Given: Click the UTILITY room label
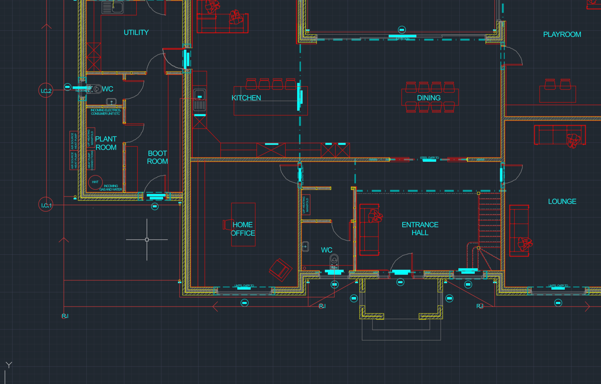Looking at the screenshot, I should click(136, 33).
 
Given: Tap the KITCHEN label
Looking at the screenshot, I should click(246, 98).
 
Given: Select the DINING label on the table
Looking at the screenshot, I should click(428, 98).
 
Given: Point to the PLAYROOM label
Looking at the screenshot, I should click(562, 35).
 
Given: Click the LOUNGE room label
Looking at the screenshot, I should click(562, 201).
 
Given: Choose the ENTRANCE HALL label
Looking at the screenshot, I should click(420, 229).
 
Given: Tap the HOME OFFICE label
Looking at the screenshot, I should click(243, 229).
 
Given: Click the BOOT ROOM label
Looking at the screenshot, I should click(157, 157).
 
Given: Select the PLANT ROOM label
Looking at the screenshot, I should click(106, 143).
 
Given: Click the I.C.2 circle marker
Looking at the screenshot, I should click(46, 91).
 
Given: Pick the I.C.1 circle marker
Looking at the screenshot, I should click(46, 205).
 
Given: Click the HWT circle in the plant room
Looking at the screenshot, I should click(95, 182).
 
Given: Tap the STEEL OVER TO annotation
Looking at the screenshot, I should click(429, 158).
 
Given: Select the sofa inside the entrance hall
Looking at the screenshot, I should click(369, 230).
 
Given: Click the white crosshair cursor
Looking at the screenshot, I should click(147, 239).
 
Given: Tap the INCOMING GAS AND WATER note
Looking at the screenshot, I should click(111, 188).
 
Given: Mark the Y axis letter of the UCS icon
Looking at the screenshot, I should click(9, 365).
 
